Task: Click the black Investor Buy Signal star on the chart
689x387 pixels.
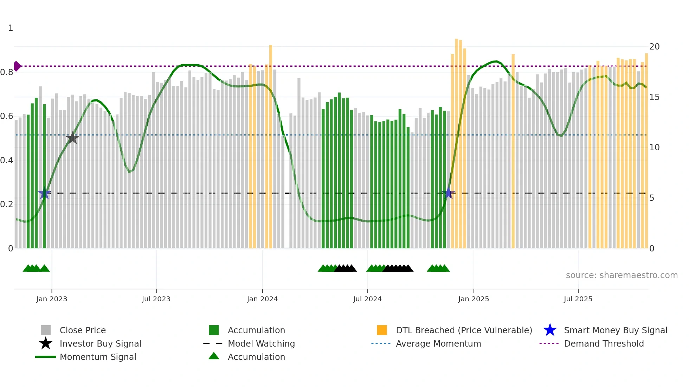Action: tap(72, 138)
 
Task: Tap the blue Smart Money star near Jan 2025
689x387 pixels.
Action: tap(448, 193)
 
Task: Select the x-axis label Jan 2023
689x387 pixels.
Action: tap(52, 299)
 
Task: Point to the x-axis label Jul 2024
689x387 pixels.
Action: tap(367, 299)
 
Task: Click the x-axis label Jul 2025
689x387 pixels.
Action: tap(578, 299)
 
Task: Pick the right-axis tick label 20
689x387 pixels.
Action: tap(654, 47)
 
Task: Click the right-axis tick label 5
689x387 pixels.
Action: tap(652, 198)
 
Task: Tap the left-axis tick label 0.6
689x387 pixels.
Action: tap(7, 116)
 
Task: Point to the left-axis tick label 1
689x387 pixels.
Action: tap(11, 28)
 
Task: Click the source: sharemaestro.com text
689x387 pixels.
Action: tap(622, 275)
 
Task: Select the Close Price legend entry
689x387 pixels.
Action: tap(82, 330)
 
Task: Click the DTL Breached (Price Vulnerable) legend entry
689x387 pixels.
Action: tap(464, 330)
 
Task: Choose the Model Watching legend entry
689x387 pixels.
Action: tap(261, 343)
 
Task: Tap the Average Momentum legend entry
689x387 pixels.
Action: tap(438, 343)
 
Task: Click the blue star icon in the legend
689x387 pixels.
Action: tap(550, 330)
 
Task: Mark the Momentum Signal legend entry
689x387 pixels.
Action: tap(98, 357)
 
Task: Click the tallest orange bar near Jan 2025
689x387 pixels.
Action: tap(456, 140)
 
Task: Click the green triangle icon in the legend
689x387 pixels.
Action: tap(214, 356)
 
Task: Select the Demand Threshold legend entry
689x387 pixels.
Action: tap(604, 343)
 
